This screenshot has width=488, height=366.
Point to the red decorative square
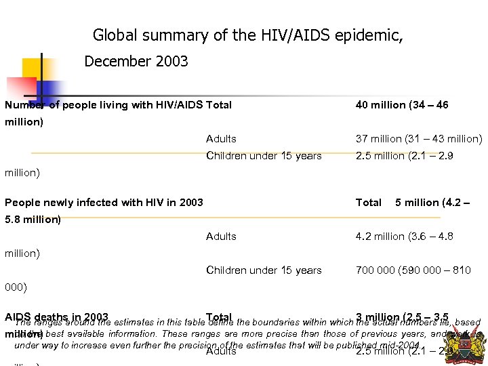pyautogui.click(x=21, y=89)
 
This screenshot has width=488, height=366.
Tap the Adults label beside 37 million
pyautogui.click(x=221, y=139)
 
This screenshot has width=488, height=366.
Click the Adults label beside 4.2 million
pyautogui.click(x=221, y=237)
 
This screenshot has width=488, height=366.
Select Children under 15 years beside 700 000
pyautogui.click(x=264, y=270)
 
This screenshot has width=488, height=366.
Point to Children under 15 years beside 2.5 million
pyautogui.click(x=264, y=156)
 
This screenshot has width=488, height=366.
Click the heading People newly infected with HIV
pyautogui.click(x=103, y=203)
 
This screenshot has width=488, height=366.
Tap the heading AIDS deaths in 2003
pyautogui.click(x=56, y=317)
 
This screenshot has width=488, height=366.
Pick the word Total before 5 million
pyautogui.click(x=368, y=203)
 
